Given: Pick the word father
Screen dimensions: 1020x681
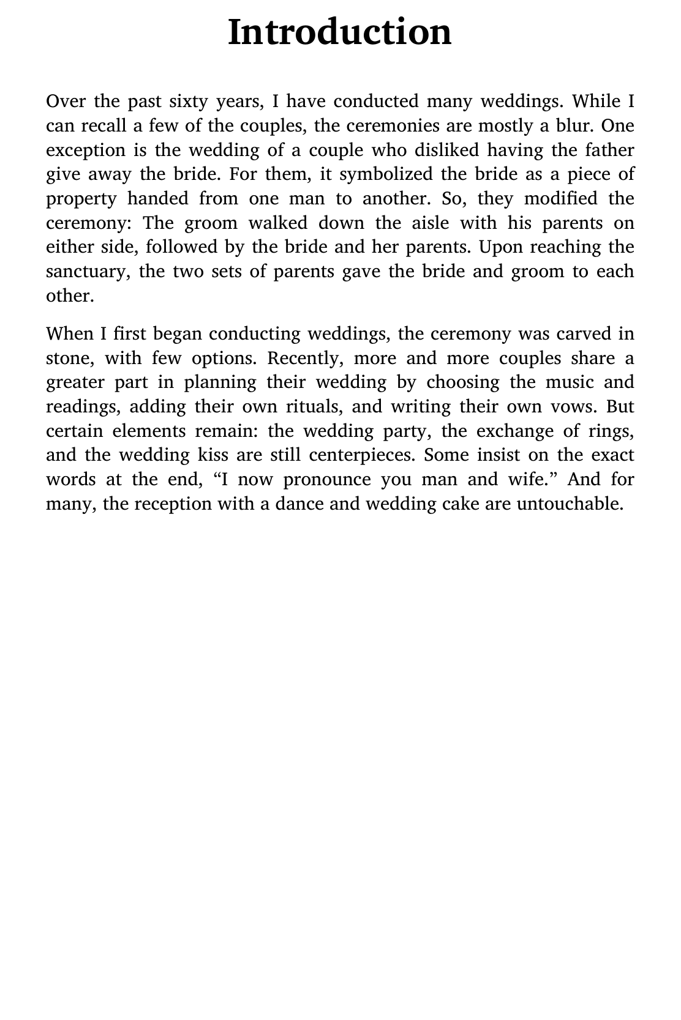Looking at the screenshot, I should [x=609, y=150].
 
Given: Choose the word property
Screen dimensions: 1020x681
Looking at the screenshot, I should [x=81, y=199].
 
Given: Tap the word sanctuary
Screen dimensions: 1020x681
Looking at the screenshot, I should [x=88, y=272].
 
